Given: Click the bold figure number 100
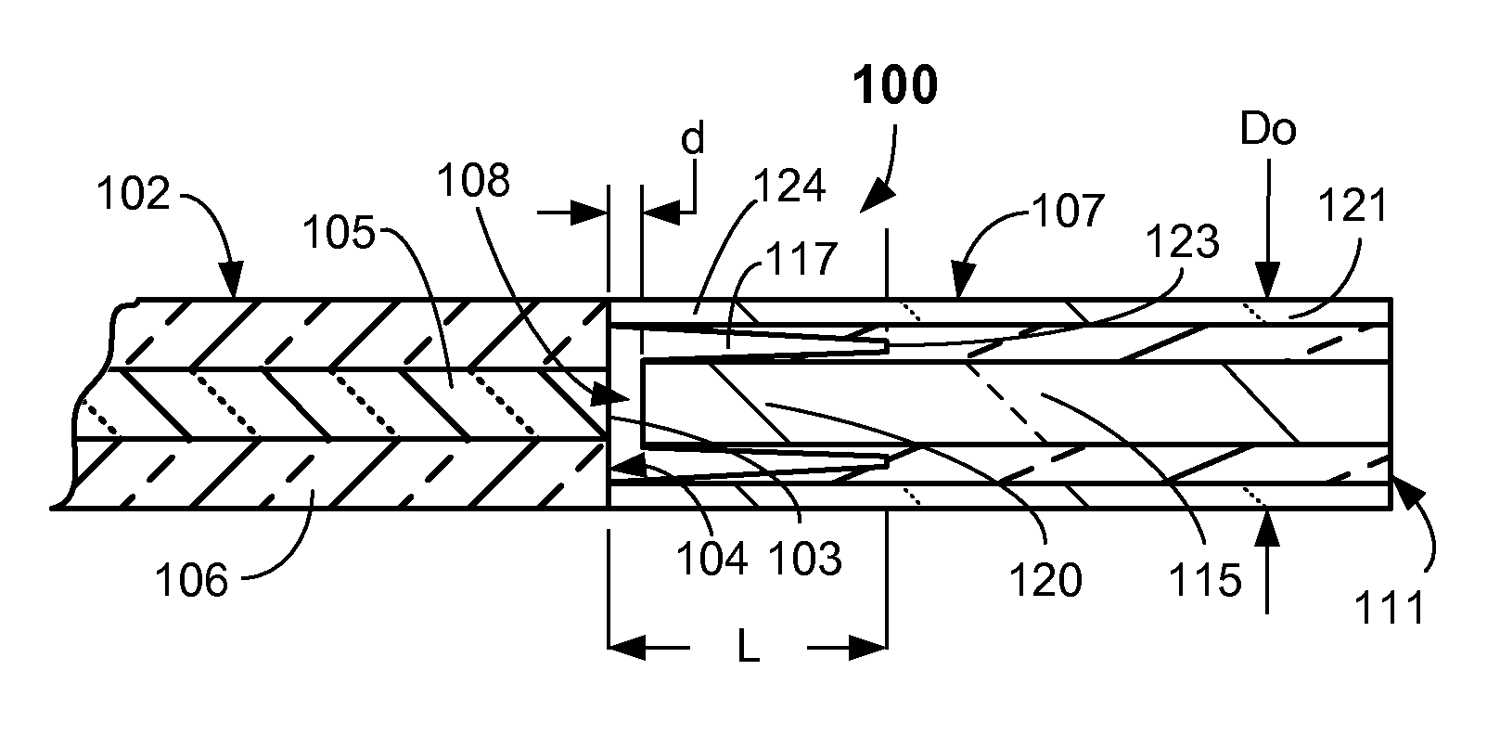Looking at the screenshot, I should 896,86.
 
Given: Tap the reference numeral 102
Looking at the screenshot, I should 134,196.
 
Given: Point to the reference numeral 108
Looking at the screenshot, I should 476,182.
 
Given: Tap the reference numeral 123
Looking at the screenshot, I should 1182,243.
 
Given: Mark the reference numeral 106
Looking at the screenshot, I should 192,583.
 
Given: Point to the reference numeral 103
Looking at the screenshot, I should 805,559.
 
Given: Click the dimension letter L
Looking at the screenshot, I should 748,649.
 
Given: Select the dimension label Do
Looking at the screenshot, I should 1268,131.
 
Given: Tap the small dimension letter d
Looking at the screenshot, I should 693,139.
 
